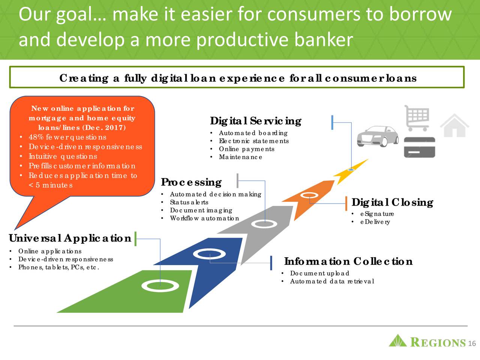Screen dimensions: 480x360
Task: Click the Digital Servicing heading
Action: pos(255,121)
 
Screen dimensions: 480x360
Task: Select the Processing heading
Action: pos(191,182)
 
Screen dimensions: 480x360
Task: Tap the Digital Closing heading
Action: pos(392,202)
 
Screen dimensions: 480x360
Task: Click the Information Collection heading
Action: pos(348,261)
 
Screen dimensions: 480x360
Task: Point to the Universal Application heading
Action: pos(70,238)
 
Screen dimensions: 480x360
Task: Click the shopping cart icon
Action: pos(417,118)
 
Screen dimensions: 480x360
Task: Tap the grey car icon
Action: pos(378,136)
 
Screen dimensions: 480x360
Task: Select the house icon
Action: pos(454,126)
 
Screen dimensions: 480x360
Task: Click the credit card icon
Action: pos(419,147)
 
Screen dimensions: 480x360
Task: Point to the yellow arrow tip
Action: pos(369,159)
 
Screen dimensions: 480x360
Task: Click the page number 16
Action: pos(472,343)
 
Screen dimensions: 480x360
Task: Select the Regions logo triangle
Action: pos(397,340)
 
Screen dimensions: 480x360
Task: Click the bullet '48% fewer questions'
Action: pos(67,137)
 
